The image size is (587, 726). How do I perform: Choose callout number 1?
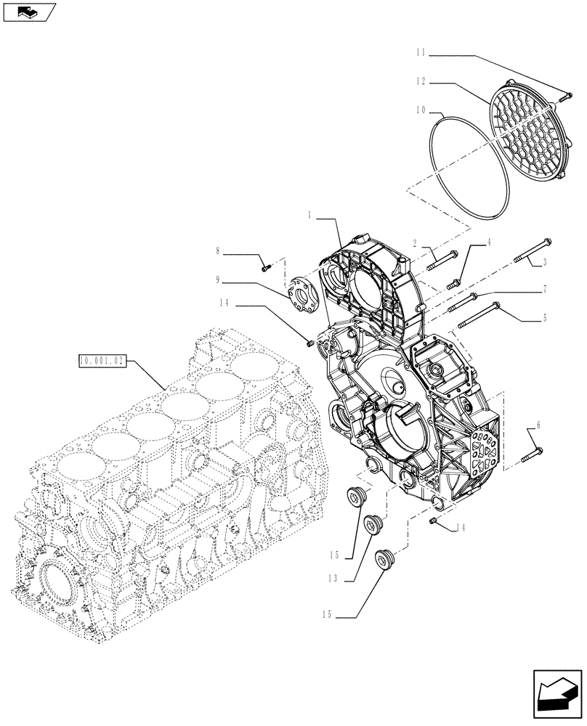[x=310, y=215]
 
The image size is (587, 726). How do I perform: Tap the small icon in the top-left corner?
[x=29, y=12]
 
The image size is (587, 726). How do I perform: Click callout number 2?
[x=416, y=245]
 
